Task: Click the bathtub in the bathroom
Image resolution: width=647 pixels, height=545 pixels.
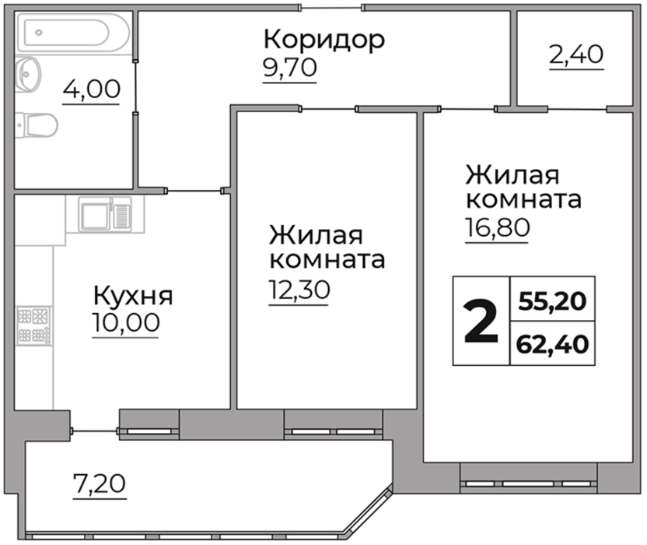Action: point(72,32)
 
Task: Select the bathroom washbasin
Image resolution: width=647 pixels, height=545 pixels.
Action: point(29,74)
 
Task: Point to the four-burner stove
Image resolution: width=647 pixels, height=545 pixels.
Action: point(34,326)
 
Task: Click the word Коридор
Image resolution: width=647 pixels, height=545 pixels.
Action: point(324,40)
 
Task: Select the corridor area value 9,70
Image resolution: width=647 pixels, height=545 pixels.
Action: point(290,68)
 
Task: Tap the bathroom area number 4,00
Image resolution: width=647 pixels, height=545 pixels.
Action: point(91,90)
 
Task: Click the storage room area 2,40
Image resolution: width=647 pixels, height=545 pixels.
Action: point(576,55)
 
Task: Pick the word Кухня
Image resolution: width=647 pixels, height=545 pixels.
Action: point(133,296)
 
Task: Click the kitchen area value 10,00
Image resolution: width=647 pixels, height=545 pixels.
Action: point(126,322)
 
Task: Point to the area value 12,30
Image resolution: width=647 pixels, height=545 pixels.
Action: point(299,290)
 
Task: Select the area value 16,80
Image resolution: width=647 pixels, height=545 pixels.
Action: point(497,227)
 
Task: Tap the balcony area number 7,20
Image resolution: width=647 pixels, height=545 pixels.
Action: point(99,483)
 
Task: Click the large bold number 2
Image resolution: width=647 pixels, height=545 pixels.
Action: point(481,322)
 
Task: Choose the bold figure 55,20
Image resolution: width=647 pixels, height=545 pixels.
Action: point(552,301)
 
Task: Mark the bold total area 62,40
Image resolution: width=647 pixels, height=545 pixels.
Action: point(552,345)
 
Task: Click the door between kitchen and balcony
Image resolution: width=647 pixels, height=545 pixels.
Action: point(96,431)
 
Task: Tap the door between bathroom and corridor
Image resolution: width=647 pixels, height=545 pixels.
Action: point(135,86)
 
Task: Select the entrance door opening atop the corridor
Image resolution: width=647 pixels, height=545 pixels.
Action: point(331,8)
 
